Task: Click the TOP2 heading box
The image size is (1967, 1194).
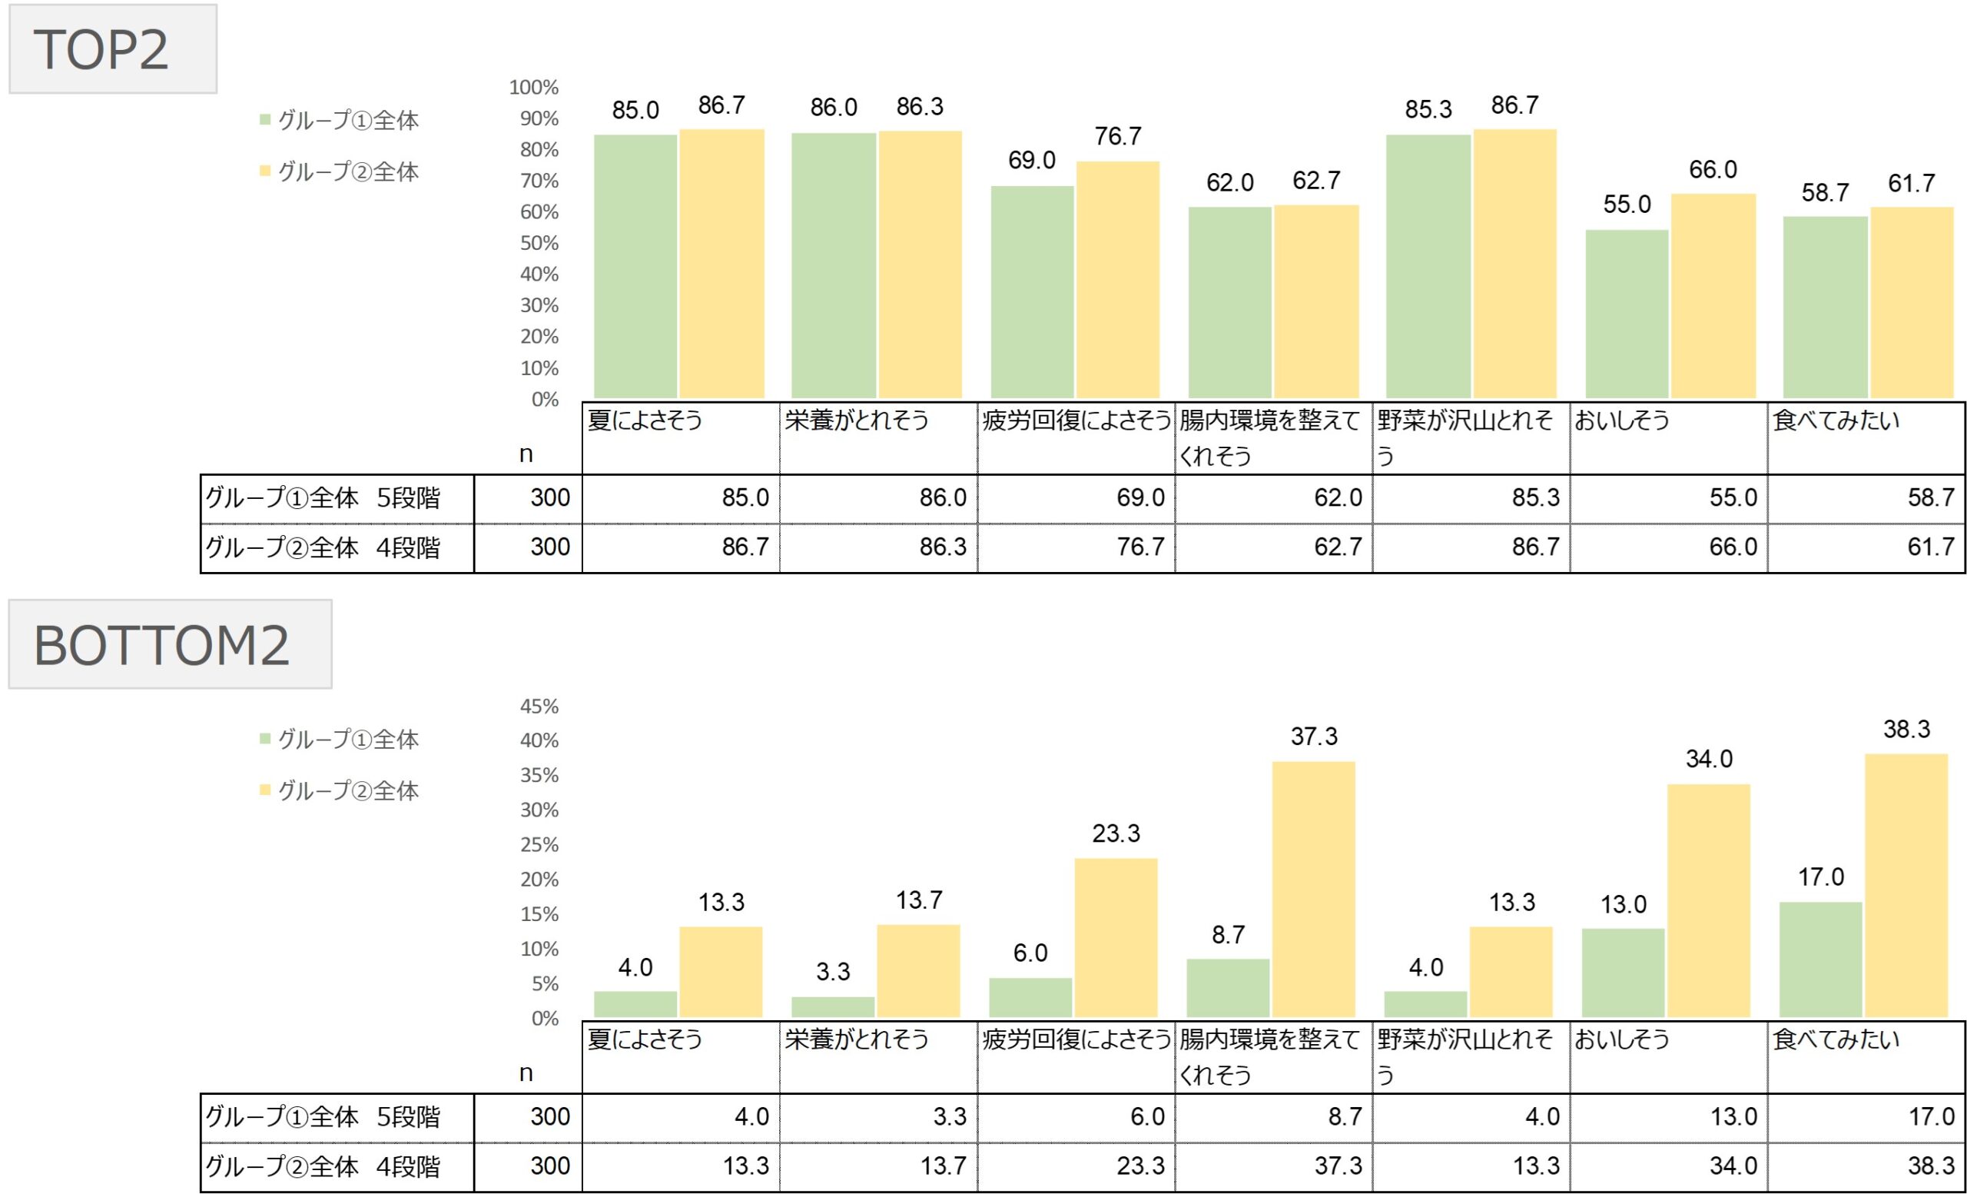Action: coord(112,49)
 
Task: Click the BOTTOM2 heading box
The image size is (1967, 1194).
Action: coord(170,644)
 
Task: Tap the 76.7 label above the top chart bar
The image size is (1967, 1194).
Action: coord(1118,137)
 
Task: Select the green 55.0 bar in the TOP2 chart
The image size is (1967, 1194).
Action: coord(1627,313)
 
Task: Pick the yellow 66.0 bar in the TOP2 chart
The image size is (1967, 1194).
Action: coord(1713,295)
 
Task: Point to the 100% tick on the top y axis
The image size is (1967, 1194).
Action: coord(534,87)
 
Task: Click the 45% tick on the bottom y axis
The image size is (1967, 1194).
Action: coord(539,706)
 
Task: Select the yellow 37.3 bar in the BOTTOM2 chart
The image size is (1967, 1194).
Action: coord(1313,888)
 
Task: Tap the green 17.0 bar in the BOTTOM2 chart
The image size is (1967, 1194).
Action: coord(1820,959)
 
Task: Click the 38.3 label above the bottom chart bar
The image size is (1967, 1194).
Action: coord(1906,729)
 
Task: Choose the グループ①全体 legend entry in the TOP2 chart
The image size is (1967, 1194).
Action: coord(340,121)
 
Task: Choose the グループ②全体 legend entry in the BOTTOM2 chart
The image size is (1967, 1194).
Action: coord(340,790)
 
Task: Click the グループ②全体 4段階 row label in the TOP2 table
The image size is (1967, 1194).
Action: coord(323,548)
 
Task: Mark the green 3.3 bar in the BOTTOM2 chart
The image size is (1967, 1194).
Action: coord(833,1006)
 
